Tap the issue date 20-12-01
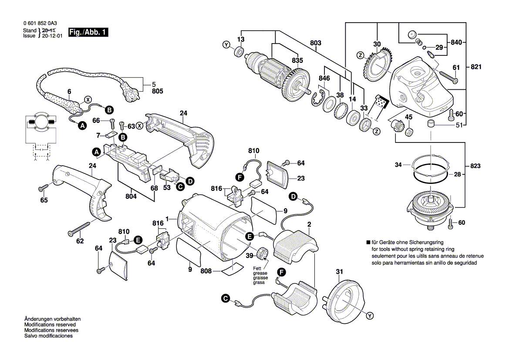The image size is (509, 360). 51,37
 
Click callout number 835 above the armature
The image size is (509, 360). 297,61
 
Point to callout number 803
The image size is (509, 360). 316,43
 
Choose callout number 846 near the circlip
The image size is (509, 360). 324,78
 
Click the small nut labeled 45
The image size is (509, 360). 409,131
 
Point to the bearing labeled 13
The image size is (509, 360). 238,52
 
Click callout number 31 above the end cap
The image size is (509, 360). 339,272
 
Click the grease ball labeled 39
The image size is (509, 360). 263,252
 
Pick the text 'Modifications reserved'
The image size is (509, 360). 50,325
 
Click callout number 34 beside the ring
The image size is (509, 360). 398,165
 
